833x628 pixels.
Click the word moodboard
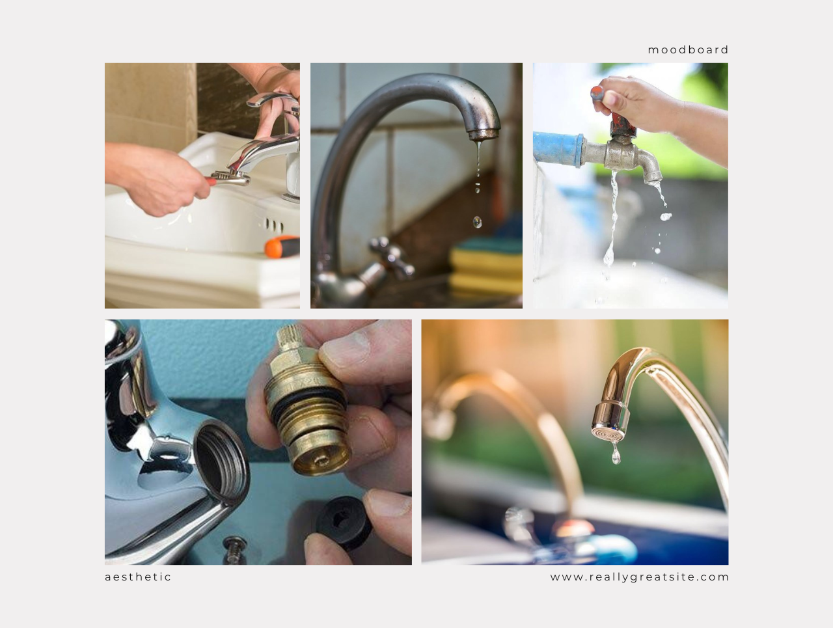[x=688, y=49]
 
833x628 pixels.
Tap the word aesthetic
[x=138, y=577]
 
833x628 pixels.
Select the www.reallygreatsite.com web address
[x=640, y=577]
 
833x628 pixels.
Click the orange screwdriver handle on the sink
[x=282, y=247]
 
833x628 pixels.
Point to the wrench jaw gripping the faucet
[x=230, y=176]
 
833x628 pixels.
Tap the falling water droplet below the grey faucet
[x=478, y=222]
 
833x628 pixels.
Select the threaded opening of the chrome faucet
[x=222, y=461]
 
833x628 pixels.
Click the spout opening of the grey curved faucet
[x=483, y=134]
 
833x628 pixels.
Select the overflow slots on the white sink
[x=274, y=225]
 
